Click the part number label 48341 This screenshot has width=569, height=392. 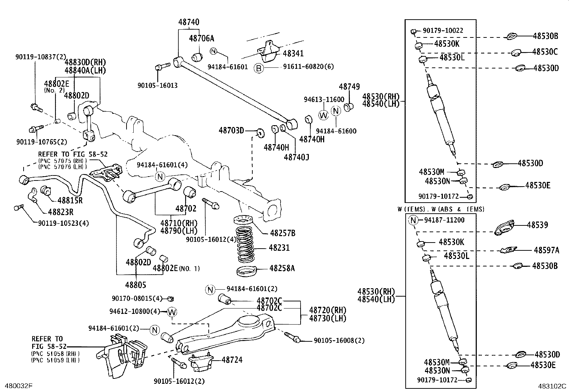[293, 54]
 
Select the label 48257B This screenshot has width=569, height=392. [282, 233]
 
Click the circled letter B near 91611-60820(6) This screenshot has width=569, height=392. [259, 67]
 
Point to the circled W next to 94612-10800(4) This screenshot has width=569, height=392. [172, 312]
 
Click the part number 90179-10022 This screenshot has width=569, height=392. [443, 31]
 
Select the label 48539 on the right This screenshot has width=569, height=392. [537, 225]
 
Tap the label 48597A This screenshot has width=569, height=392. [546, 250]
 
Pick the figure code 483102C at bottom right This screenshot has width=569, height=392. [553, 386]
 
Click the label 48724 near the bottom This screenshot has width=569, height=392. [232, 360]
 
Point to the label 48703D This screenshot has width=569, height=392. [231, 131]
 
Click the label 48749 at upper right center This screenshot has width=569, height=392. [349, 87]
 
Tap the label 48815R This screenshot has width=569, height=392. [70, 200]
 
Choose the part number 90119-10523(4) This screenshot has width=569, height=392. [63, 223]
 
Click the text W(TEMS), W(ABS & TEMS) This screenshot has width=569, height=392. [441, 209]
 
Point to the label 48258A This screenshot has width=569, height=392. [282, 268]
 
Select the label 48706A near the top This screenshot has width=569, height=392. [202, 38]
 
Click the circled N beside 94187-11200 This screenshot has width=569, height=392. [414, 220]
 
